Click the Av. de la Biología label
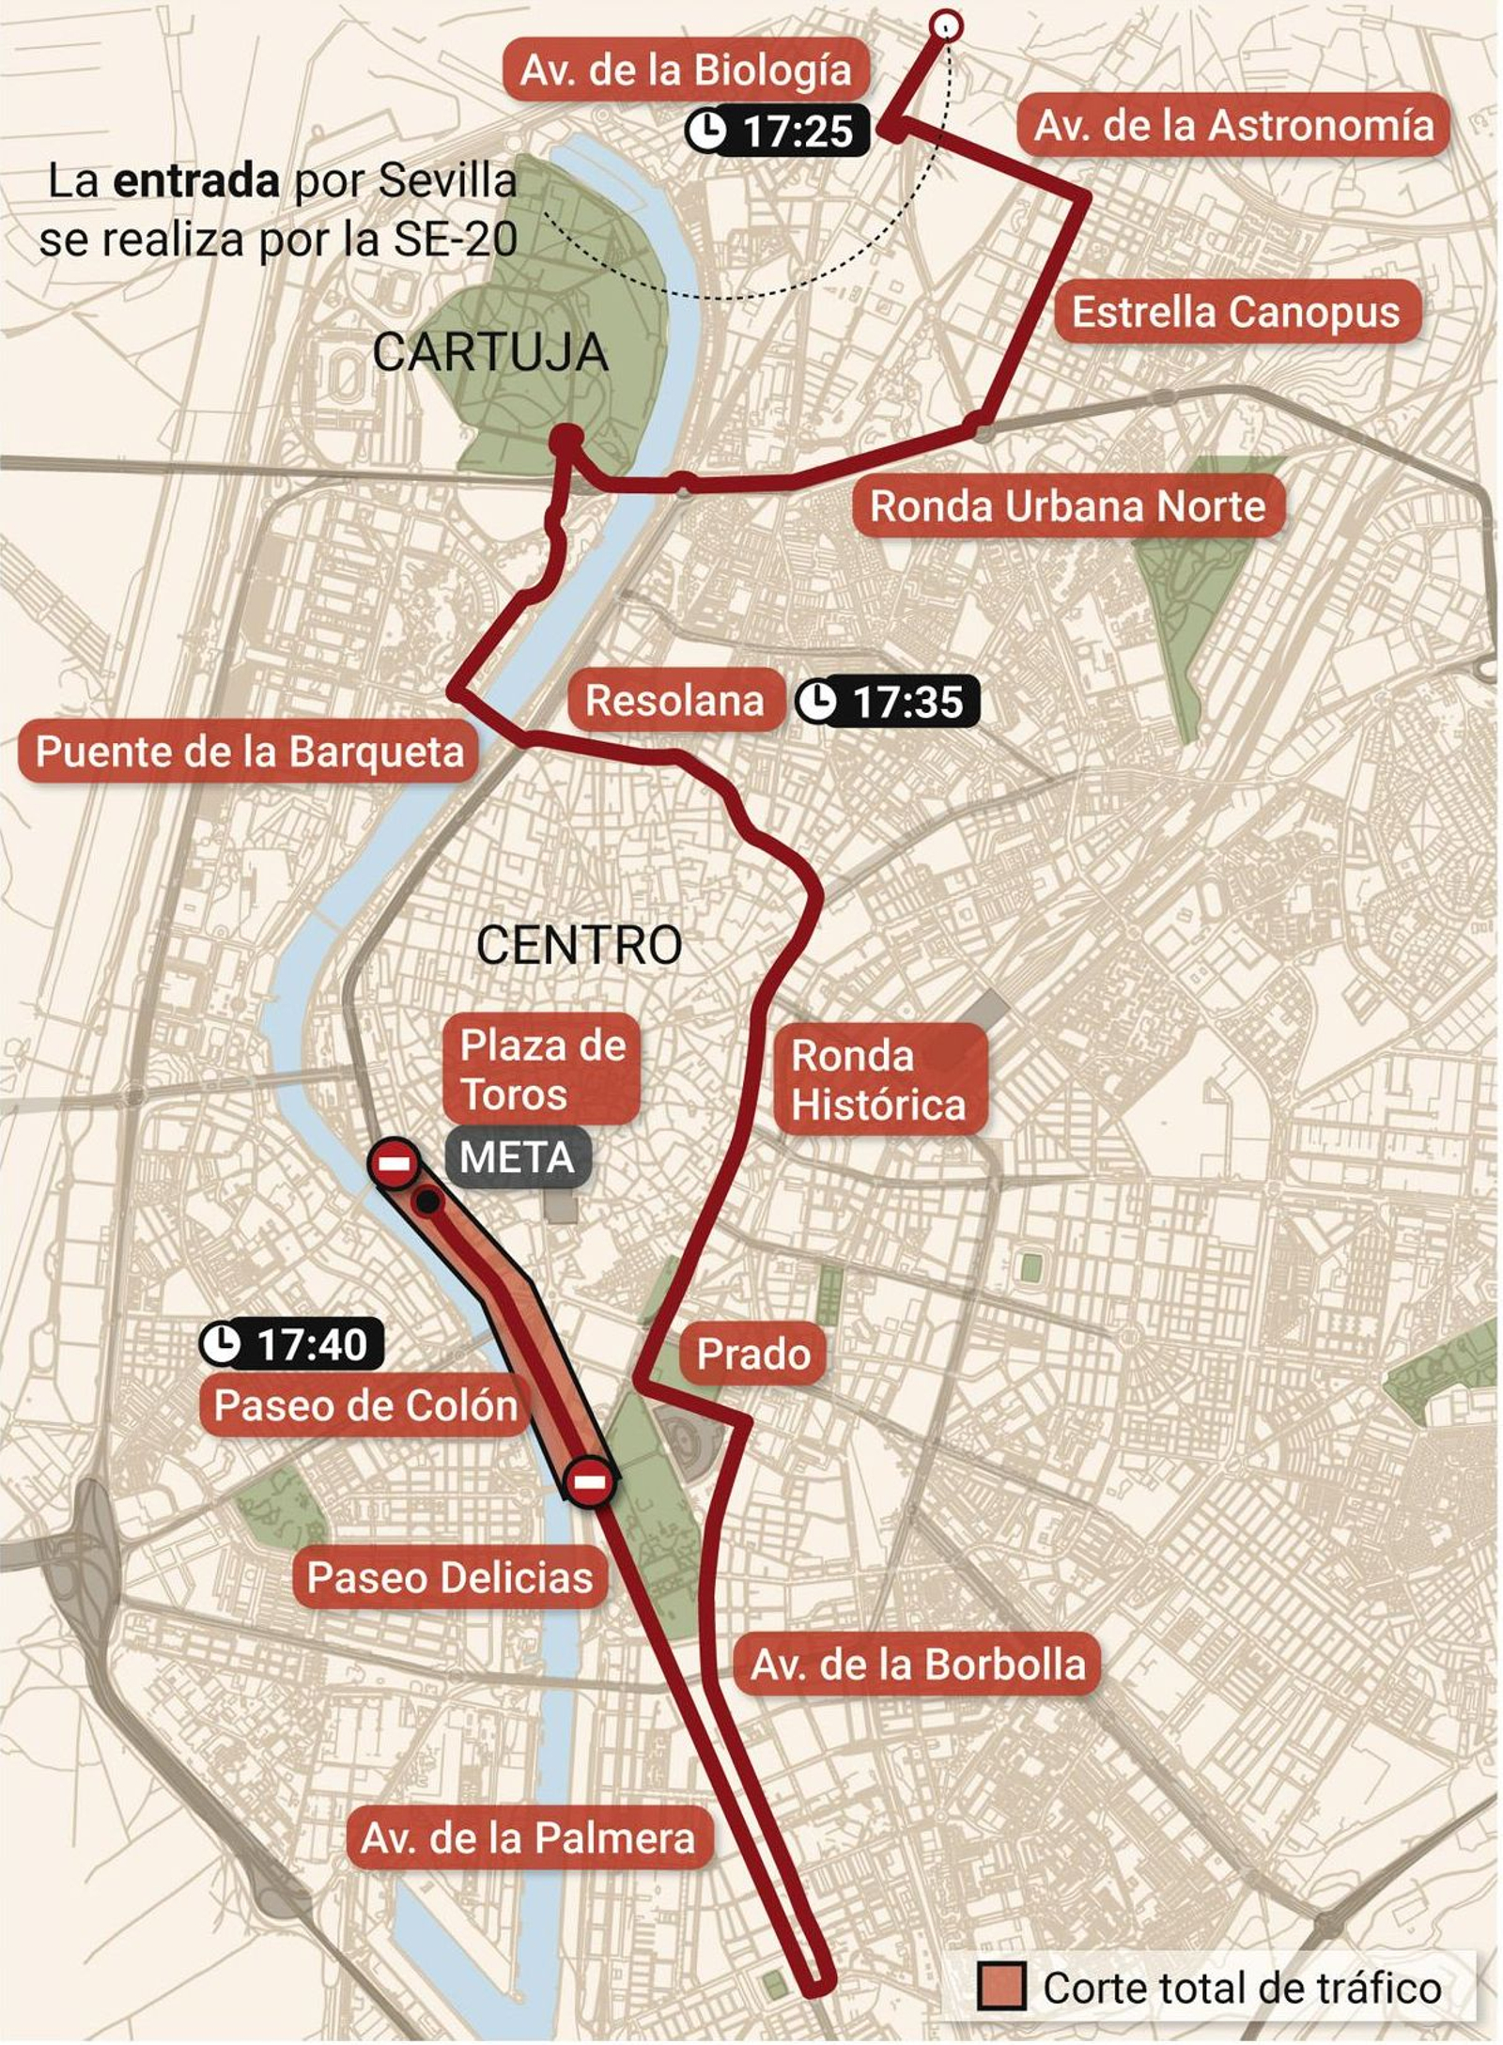tap(685, 70)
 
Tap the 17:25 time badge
tap(776, 131)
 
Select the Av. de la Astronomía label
tap(1233, 125)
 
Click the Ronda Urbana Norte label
tap(1067, 505)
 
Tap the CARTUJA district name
tap(489, 352)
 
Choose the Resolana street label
tap(674, 701)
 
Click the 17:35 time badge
tap(888, 701)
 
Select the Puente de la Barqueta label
tap(250, 751)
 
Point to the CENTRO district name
tap(579, 945)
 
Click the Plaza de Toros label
tap(542, 1069)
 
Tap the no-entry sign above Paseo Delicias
tap(590, 1482)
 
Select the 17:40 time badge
tap(292, 1344)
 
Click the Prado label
tap(752, 1355)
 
